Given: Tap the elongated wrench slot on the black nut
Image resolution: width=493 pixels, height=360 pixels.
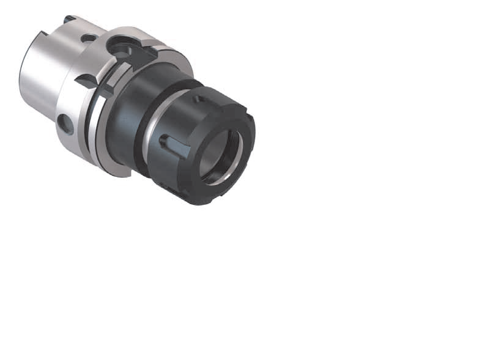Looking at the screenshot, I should [173, 145].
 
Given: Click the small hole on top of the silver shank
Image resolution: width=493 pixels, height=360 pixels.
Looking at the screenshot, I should [89, 38].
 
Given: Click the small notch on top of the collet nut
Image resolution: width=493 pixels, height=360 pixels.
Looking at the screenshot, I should [198, 98].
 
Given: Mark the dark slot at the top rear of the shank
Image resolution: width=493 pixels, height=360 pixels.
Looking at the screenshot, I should [70, 20].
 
